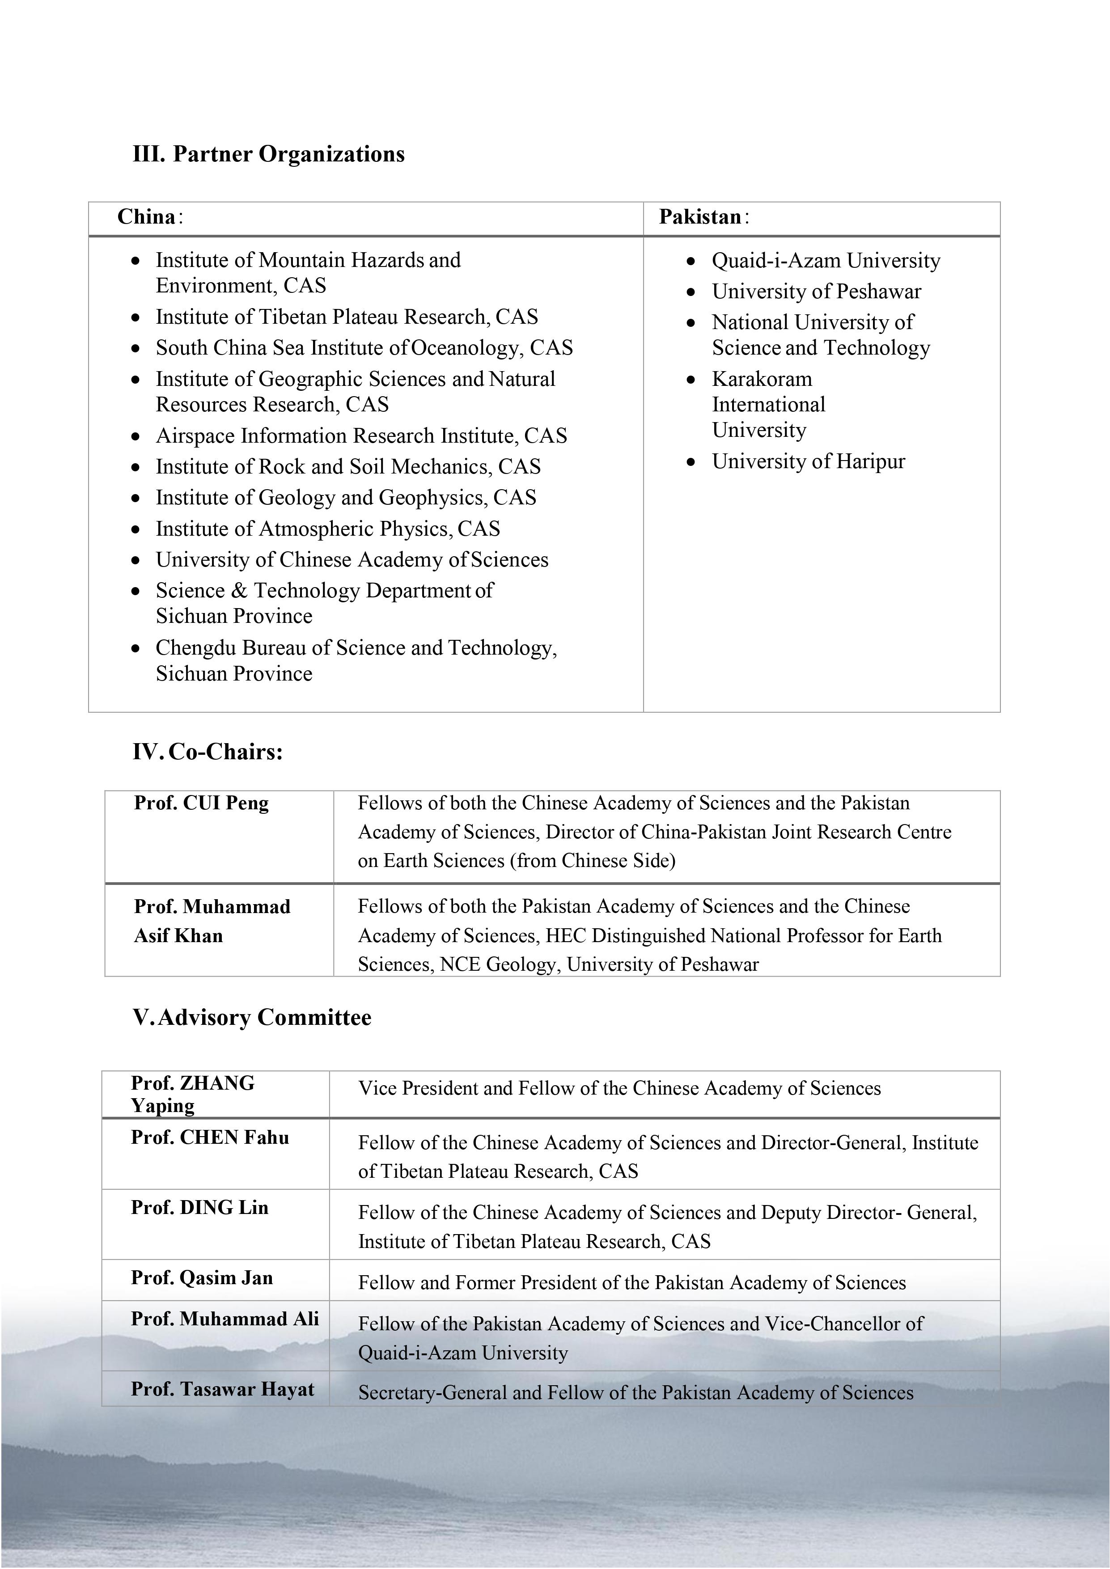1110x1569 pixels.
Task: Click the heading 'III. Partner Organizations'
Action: [x=269, y=154]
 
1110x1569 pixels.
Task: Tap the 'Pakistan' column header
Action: [x=701, y=217]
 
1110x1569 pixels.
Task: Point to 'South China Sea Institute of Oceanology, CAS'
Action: [x=364, y=348]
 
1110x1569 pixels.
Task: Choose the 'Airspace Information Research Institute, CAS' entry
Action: [x=361, y=436]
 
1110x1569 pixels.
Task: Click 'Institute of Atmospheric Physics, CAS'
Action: [x=327, y=529]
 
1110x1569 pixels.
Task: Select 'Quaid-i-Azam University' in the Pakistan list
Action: [x=826, y=261]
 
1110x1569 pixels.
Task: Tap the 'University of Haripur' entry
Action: [x=808, y=462]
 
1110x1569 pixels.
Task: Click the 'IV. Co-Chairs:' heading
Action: [x=208, y=753]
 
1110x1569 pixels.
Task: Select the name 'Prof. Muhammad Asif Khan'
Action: [x=212, y=921]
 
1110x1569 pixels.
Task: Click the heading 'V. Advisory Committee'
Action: [x=252, y=1018]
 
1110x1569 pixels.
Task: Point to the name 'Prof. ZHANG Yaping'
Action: [x=193, y=1094]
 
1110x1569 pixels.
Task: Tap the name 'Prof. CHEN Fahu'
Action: [x=210, y=1138]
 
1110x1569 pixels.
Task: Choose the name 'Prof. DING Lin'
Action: [x=199, y=1208]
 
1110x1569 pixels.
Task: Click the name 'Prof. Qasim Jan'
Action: [x=202, y=1278]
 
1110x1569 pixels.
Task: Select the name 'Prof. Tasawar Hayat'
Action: [x=223, y=1389]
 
